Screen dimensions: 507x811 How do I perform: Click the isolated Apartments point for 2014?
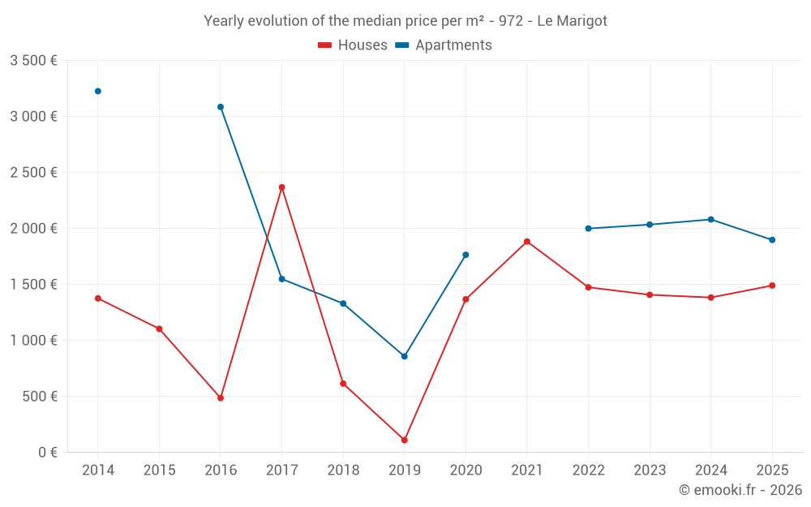pyautogui.click(x=98, y=91)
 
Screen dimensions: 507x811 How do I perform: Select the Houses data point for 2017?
pyautogui.click(x=282, y=187)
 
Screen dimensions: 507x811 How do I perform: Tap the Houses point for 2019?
pyautogui.click(x=405, y=440)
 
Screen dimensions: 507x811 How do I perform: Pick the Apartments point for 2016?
pyautogui.click(x=221, y=107)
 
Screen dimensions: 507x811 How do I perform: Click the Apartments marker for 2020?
pyautogui.click(x=466, y=255)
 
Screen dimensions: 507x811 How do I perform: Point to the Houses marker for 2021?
pyautogui.click(x=527, y=242)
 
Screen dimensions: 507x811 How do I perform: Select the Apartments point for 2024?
pyautogui.click(x=711, y=220)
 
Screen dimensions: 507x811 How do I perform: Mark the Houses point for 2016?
pyautogui.click(x=221, y=398)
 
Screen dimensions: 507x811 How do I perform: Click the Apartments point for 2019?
pyautogui.click(x=405, y=356)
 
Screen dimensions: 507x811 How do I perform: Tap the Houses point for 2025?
pyautogui.click(x=772, y=286)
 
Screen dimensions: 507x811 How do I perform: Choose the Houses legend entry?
pyautogui.click(x=353, y=45)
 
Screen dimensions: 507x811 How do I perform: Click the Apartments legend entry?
pyautogui.click(x=444, y=45)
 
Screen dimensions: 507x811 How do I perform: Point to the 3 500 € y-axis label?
pyautogui.click(x=33, y=60)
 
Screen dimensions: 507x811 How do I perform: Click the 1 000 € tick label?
pyautogui.click(x=33, y=340)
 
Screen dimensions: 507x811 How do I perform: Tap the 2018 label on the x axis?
pyautogui.click(x=343, y=470)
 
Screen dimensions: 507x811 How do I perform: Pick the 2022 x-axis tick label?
pyautogui.click(x=588, y=470)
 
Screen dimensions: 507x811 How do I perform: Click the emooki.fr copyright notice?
pyautogui.click(x=740, y=490)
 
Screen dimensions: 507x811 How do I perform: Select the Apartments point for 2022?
pyautogui.click(x=589, y=229)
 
